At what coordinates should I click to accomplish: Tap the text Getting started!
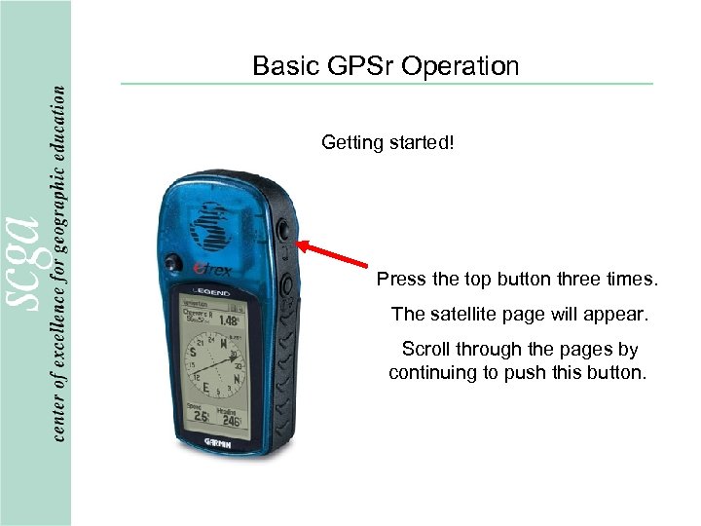click(387, 143)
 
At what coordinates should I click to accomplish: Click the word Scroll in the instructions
click(426, 349)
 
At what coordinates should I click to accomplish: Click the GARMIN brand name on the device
click(224, 441)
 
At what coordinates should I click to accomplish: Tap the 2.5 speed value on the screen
click(201, 416)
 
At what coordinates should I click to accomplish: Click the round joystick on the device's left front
click(171, 262)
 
